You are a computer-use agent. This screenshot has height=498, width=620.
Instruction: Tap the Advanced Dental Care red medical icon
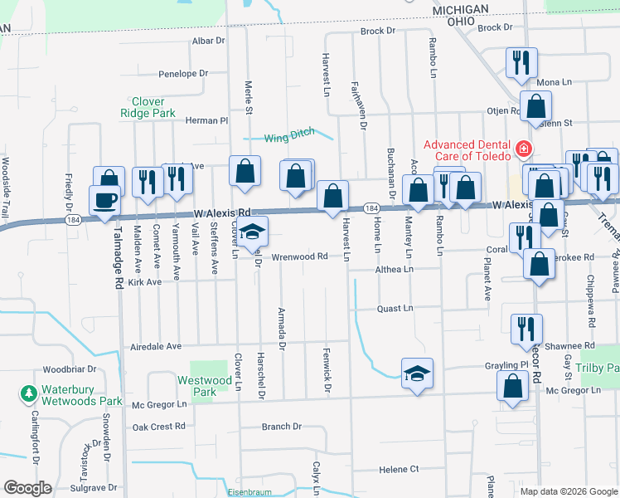(x=523, y=150)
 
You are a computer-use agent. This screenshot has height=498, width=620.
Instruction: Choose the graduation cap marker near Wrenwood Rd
(x=254, y=233)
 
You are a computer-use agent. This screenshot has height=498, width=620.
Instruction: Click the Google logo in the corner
(x=27, y=488)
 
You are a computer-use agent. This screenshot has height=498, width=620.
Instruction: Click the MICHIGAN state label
(x=460, y=8)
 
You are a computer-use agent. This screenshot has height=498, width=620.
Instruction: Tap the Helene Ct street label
(x=399, y=470)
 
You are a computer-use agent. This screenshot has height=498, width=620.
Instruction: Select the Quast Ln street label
(x=395, y=308)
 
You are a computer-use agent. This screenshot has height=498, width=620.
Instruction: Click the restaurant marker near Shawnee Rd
(x=526, y=328)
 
